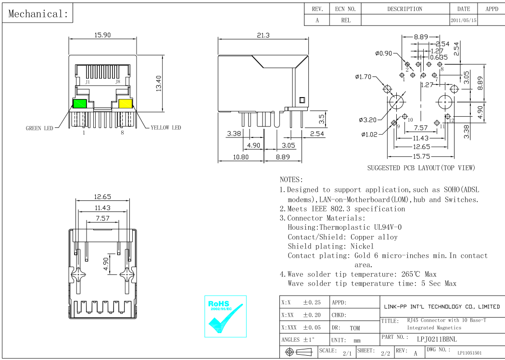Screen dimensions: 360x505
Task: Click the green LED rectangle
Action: coord(79,104)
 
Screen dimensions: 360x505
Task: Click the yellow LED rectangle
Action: coord(126,104)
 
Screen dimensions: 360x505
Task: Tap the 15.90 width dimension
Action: coord(102,35)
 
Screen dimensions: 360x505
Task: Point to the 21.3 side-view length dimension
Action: coord(264,35)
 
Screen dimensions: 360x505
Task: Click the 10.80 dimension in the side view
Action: coord(240,157)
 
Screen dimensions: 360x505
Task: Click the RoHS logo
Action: coord(225,316)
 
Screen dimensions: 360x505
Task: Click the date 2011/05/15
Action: coord(464,21)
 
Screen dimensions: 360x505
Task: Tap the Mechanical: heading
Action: coord(38,14)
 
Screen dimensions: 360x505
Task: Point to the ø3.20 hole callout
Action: coord(368,120)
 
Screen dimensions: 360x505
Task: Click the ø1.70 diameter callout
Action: coord(363,76)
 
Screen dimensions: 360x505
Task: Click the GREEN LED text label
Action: coord(39,128)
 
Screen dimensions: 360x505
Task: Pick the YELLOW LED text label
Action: coord(166,128)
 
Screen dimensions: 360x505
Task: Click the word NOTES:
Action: coord(291,179)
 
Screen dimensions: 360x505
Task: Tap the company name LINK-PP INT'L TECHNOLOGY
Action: coord(442,306)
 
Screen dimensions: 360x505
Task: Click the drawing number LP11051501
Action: coord(469,353)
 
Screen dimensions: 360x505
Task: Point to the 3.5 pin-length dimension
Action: coord(322,118)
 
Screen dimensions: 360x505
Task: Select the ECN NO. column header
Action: coord(345,9)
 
